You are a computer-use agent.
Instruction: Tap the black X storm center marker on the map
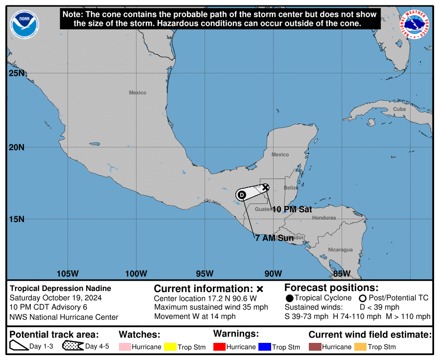(x=265, y=187)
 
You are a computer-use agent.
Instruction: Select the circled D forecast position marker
(x=242, y=195)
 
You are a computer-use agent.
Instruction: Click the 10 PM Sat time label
(x=292, y=209)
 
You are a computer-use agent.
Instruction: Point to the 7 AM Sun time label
(x=274, y=238)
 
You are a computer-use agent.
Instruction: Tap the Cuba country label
(x=399, y=109)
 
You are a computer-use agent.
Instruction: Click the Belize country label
(x=291, y=188)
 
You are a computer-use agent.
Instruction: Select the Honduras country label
(x=324, y=218)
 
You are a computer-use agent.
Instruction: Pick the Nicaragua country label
(x=340, y=250)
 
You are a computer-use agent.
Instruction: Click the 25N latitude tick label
(x=17, y=73)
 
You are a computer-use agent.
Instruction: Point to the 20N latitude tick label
(x=17, y=147)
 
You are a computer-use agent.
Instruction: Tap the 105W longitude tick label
(x=68, y=273)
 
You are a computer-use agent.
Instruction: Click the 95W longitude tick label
(x=205, y=273)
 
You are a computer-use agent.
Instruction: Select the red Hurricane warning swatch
(x=219, y=347)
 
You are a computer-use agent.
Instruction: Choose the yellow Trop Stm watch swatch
(x=170, y=347)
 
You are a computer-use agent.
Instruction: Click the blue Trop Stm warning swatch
(x=265, y=347)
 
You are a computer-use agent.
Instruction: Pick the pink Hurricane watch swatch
(x=125, y=347)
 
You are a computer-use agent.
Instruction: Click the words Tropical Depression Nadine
(x=61, y=289)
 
